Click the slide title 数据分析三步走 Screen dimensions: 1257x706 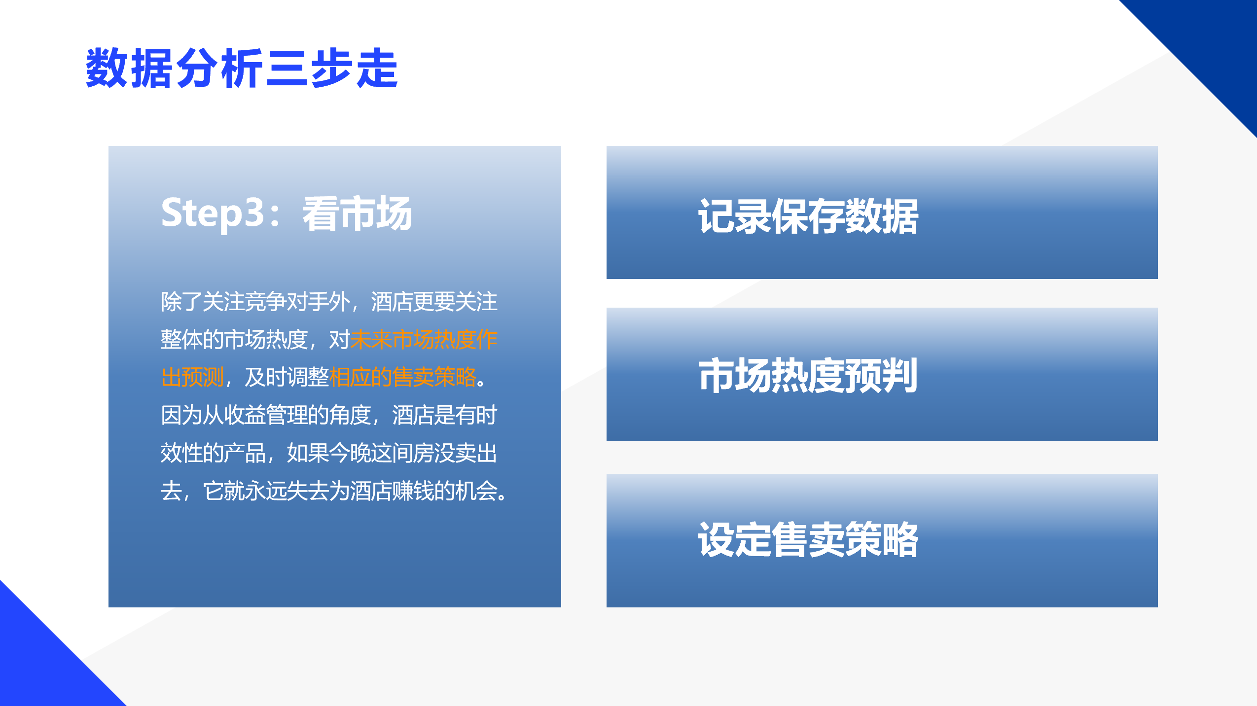(x=242, y=68)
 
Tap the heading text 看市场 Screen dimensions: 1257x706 (x=357, y=213)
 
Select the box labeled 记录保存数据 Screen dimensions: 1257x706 (x=882, y=212)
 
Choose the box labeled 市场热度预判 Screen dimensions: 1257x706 (x=882, y=374)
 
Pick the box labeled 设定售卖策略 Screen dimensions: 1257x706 (x=882, y=540)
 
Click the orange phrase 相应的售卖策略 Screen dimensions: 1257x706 (x=403, y=377)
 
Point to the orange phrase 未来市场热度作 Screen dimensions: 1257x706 (x=424, y=340)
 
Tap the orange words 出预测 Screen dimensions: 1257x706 (x=192, y=377)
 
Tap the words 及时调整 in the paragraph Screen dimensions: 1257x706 (x=287, y=377)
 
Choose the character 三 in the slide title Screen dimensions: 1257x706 (x=287, y=68)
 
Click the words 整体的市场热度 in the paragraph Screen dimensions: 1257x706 (x=234, y=340)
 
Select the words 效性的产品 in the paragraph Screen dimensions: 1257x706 (x=214, y=453)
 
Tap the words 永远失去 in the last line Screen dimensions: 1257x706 (x=287, y=491)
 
